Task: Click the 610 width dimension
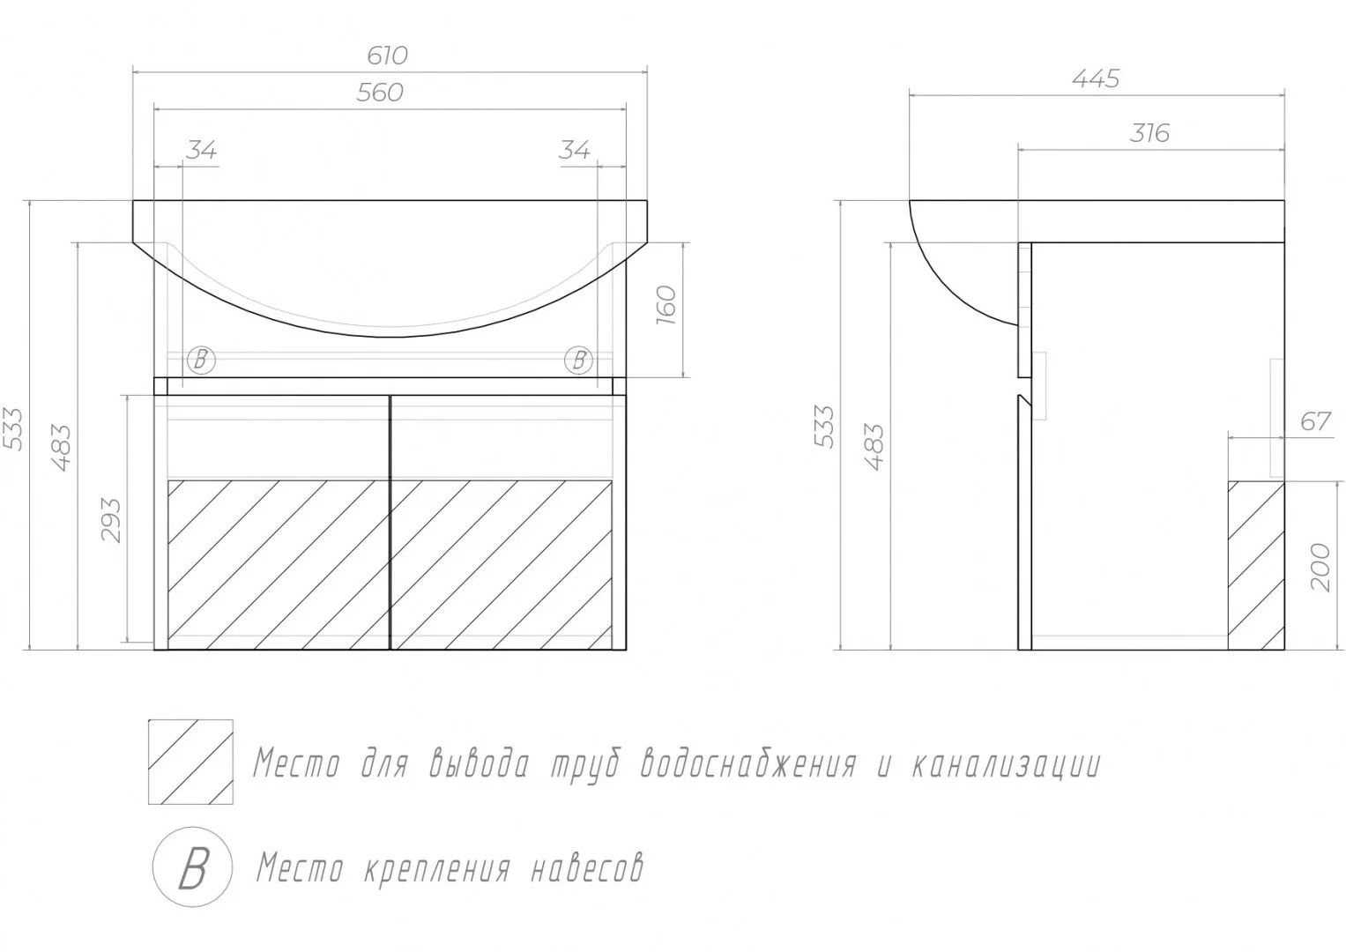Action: (388, 56)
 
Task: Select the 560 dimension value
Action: (380, 93)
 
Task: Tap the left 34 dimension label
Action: (201, 150)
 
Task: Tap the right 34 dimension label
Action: (575, 150)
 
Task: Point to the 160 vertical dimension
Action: (666, 305)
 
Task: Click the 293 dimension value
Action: (111, 520)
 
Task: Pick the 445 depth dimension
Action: (1096, 78)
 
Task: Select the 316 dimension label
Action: (1149, 133)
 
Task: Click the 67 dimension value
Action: (1316, 421)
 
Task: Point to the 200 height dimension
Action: (1320, 568)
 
